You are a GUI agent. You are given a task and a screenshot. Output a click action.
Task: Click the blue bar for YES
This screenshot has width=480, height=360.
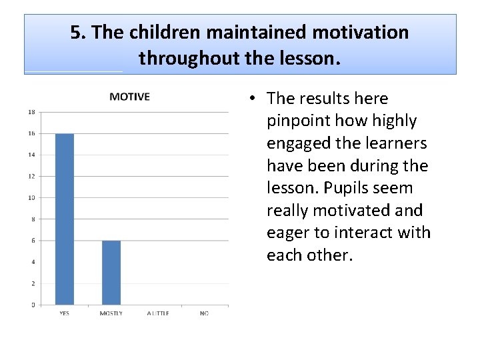coord(65,219)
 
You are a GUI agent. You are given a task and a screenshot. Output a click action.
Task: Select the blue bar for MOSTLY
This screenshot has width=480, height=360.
coord(111,273)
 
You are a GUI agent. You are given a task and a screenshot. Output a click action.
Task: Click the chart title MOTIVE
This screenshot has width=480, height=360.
coord(129,97)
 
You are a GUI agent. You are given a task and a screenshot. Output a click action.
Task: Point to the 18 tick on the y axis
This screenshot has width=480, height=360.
coord(31,112)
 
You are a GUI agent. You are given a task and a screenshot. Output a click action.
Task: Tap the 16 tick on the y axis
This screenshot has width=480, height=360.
coord(31,133)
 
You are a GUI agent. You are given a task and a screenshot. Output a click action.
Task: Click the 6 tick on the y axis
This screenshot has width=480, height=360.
coord(32,241)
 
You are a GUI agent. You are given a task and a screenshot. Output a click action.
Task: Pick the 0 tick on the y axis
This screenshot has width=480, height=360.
coord(32,305)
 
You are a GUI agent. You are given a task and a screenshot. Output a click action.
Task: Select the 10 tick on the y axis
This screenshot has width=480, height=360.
coord(31,198)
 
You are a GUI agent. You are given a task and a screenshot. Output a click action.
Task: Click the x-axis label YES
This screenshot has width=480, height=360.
coord(65,313)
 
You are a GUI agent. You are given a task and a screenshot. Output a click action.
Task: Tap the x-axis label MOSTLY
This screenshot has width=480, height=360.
coord(111,313)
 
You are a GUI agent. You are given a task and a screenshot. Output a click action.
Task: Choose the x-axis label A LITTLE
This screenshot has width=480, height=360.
coord(158,313)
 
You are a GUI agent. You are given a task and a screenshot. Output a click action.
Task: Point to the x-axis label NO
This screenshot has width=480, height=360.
coord(204,313)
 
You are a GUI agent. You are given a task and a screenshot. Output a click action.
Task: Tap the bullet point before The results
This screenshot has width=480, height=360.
coord(255,99)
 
